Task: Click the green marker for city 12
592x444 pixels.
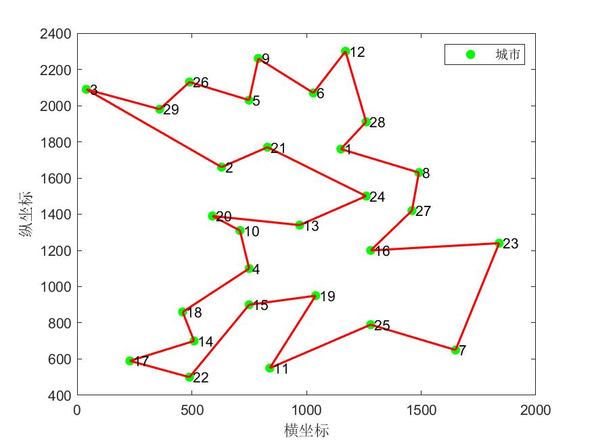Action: (x=345, y=51)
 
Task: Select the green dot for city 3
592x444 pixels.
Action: (x=86, y=89)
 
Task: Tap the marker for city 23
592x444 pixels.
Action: (x=499, y=243)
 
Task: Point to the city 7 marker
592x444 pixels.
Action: (x=455, y=350)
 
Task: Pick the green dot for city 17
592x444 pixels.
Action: (x=130, y=361)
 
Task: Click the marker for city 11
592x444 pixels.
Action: (x=269, y=368)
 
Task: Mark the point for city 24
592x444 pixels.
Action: (x=366, y=196)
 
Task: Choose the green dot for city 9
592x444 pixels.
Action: (x=258, y=59)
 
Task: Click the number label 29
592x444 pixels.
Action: (x=171, y=110)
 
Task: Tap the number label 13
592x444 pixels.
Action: (x=311, y=226)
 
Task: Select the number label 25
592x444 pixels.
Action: (x=382, y=326)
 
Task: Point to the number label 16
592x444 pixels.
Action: (x=382, y=251)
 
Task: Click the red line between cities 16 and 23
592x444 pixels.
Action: (x=434, y=246)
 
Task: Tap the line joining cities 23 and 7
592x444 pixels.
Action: (x=477, y=296)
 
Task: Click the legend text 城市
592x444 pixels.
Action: (x=508, y=55)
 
